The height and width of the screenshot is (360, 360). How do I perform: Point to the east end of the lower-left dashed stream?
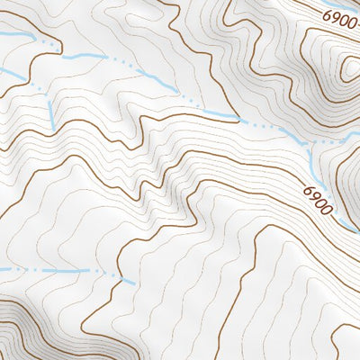pyautogui.click(x=133, y=283)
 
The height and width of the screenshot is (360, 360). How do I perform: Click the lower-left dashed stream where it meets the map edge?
pyautogui.click(x=2, y=269)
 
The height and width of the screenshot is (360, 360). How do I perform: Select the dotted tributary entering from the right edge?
pyautogui.click(x=346, y=139)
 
